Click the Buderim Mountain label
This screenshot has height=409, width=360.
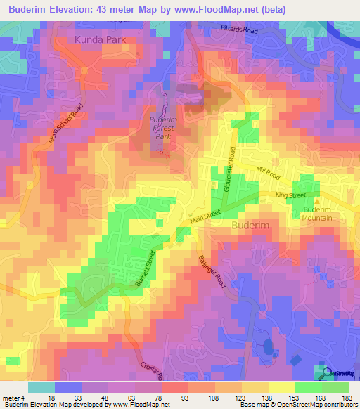(318, 214)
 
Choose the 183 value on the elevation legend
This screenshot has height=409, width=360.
(347, 398)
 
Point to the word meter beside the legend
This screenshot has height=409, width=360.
(11, 398)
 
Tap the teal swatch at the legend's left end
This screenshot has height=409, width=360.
(41, 387)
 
